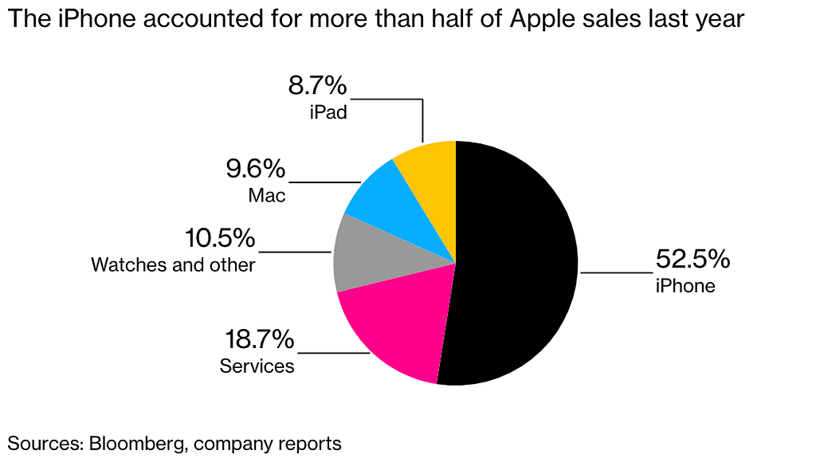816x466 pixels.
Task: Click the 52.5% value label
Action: coord(692,258)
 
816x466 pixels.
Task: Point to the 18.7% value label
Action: coord(259,339)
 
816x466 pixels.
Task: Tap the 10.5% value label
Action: coord(220,238)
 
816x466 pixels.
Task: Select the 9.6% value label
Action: coord(256,169)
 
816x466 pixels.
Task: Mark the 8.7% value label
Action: coord(317,85)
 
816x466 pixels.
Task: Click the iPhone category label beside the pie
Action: coord(685,285)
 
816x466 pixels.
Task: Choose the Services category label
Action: coord(257,366)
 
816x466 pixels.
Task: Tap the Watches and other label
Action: coord(173,264)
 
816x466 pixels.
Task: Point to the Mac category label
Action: coord(267,195)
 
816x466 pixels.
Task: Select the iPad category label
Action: coord(328,112)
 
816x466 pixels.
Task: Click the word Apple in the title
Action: coord(541,20)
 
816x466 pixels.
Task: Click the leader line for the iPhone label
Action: coord(617,272)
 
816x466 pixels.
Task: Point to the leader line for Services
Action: coord(334,353)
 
